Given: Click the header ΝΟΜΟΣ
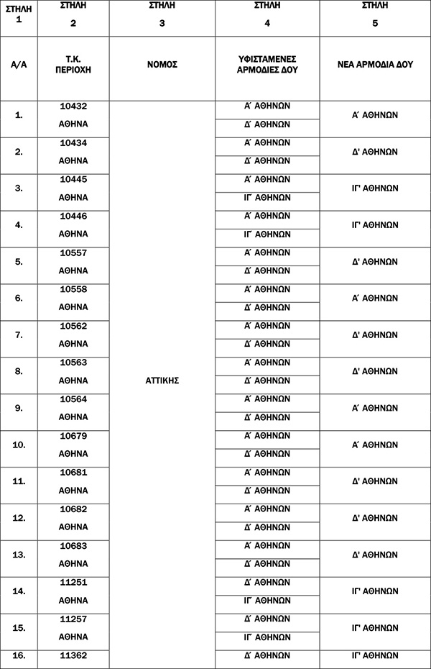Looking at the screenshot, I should click(162, 65).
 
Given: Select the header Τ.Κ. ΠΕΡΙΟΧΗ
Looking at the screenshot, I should click(73, 65).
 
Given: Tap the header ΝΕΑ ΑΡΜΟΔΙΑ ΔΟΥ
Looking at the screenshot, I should click(375, 65).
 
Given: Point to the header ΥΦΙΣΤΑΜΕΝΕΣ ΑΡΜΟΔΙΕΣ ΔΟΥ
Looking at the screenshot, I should click(267, 65).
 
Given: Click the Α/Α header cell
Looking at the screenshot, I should click(19, 65).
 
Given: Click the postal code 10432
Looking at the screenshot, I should click(73, 106).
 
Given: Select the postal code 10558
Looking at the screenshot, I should click(73, 289).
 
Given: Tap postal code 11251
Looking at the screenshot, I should click(73, 582).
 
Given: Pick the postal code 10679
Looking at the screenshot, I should click(73, 436).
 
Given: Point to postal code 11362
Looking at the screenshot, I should click(73, 655).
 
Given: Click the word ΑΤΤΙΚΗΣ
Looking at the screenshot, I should click(162, 381).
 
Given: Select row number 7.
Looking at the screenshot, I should click(19, 334).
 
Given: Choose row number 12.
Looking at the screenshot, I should click(19, 518).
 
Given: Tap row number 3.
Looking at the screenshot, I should click(19, 188).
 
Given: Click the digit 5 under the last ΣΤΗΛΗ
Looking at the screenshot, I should click(375, 22).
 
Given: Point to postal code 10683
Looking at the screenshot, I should click(73, 545).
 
